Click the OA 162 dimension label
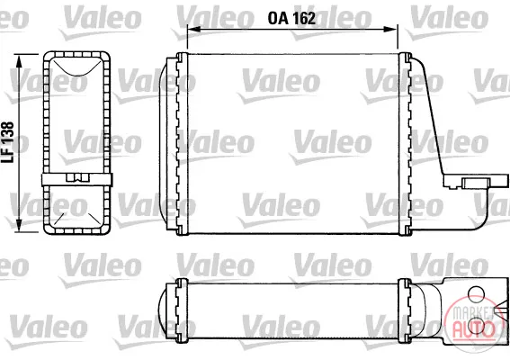(291, 18)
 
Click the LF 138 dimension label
(8, 142)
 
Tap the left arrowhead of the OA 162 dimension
(192, 30)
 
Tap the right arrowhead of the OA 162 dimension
(391, 30)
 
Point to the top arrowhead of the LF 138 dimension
(20, 61)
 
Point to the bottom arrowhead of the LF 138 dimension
(20, 226)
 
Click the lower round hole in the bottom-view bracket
(476, 326)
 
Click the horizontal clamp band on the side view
(76, 179)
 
